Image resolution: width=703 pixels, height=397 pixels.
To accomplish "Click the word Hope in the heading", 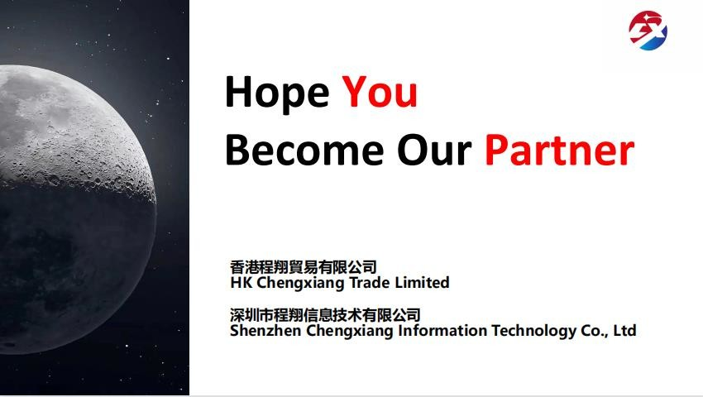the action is (x=277, y=93).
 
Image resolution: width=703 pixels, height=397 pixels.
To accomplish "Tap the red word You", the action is (x=380, y=91).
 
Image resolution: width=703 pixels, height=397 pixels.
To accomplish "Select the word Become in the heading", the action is (x=304, y=150).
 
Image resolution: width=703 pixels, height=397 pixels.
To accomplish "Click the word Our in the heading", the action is (x=434, y=150).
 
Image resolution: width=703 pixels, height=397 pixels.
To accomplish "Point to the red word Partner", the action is (x=560, y=150).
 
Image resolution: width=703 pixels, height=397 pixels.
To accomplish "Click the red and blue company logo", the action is (x=648, y=31).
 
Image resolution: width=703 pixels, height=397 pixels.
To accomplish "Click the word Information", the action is (x=442, y=331).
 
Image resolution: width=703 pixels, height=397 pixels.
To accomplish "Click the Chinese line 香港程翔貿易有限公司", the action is (x=303, y=267).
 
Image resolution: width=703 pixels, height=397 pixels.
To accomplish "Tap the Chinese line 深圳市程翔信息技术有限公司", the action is (x=325, y=315).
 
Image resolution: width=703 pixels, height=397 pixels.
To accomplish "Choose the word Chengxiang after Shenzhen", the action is (x=350, y=332).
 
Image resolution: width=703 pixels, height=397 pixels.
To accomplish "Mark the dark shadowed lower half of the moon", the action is (x=76, y=269).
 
